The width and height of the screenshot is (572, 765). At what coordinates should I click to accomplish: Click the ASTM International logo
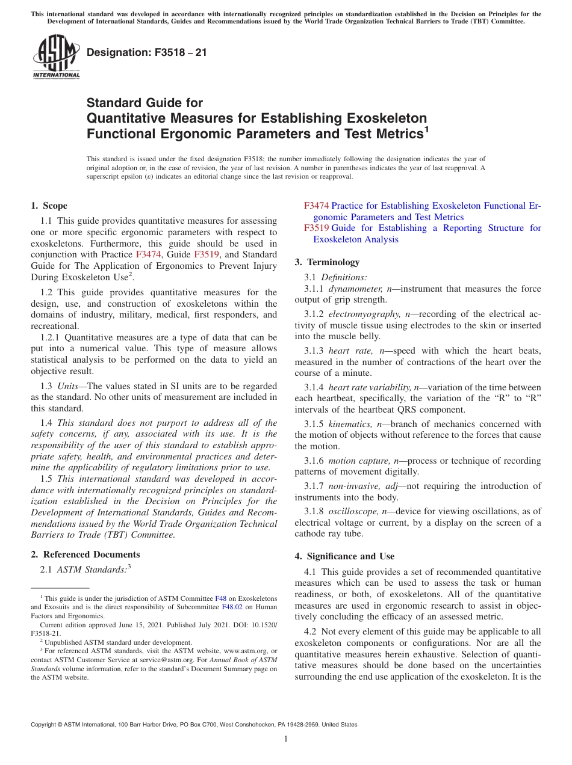56,57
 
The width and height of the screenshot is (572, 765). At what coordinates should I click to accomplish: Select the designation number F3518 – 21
147,52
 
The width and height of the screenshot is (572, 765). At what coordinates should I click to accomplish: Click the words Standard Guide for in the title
145,103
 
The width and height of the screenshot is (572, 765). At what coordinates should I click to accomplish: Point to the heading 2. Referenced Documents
85,555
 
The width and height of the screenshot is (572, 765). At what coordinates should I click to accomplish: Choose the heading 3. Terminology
327,262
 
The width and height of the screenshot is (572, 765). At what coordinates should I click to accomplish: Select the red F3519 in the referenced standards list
316,228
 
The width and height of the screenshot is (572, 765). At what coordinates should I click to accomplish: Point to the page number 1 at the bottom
286,739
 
